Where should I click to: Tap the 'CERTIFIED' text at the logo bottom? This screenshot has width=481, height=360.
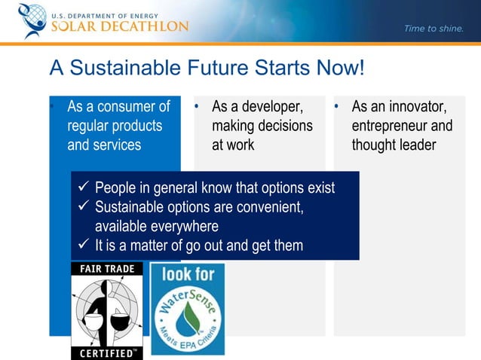103,352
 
